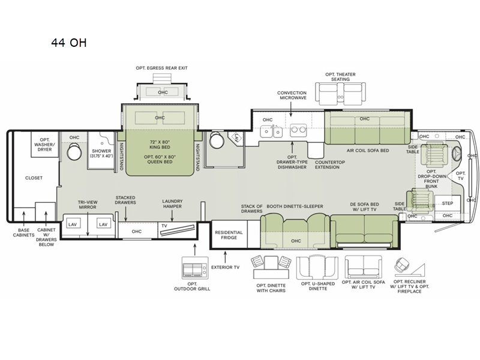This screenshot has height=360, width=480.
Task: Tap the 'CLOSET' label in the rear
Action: pyautogui.click(x=34, y=178)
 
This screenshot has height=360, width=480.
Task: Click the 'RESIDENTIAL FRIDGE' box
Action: pyautogui.click(x=229, y=235)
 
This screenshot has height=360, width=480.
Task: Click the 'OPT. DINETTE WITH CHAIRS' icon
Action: pyautogui.click(x=270, y=266)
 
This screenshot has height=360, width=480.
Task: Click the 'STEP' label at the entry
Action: pyautogui.click(x=448, y=203)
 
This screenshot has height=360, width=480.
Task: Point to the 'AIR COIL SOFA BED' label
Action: pyautogui.click(x=367, y=151)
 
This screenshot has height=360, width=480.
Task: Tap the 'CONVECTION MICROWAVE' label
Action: pyautogui.click(x=292, y=97)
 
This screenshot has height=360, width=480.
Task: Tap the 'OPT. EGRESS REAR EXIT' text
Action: pyautogui.click(x=162, y=68)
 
